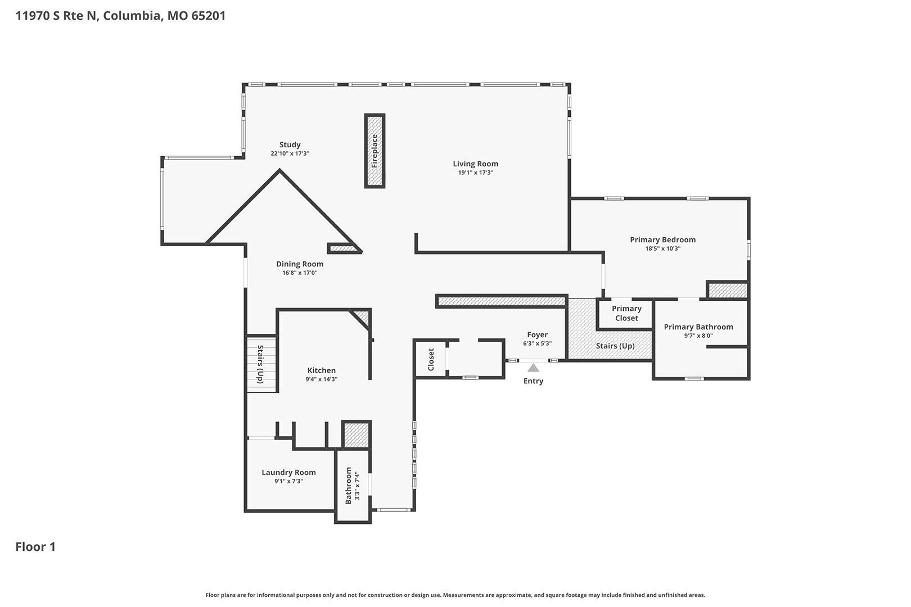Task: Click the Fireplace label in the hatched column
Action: pyautogui.click(x=375, y=151)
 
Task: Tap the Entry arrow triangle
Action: pyautogui.click(x=533, y=368)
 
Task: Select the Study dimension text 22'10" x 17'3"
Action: pyautogui.click(x=290, y=153)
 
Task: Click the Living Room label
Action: pyautogui.click(x=475, y=164)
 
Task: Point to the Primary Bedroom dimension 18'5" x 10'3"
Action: pyautogui.click(x=663, y=248)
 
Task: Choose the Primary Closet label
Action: pyautogui.click(x=626, y=313)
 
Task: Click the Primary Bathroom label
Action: pyautogui.click(x=698, y=327)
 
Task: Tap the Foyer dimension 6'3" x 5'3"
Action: pyautogui.click(x=537, y=343)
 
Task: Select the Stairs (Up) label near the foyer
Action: pyautogui.click(x=615, y=346)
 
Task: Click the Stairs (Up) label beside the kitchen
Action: pyautogui.click(x=260, y=364)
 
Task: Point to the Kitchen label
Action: pyautogui.click(x=321, y=370)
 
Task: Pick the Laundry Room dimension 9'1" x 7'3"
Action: pyautogui.click(x=288, y=481)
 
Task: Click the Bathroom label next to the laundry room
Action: pyautogui.click(x=348, y=486)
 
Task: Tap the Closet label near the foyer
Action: pyautogui.click(x=431, y=359)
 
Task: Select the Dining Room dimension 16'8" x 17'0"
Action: pyautogui.click(x=300, y=273)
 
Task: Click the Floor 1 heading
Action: pyautogui.click(x=35, y=547)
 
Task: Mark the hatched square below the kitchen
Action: pyautogui.click(x=357, y=435)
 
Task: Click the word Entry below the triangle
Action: pyautogui.click(x=533, y=381)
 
